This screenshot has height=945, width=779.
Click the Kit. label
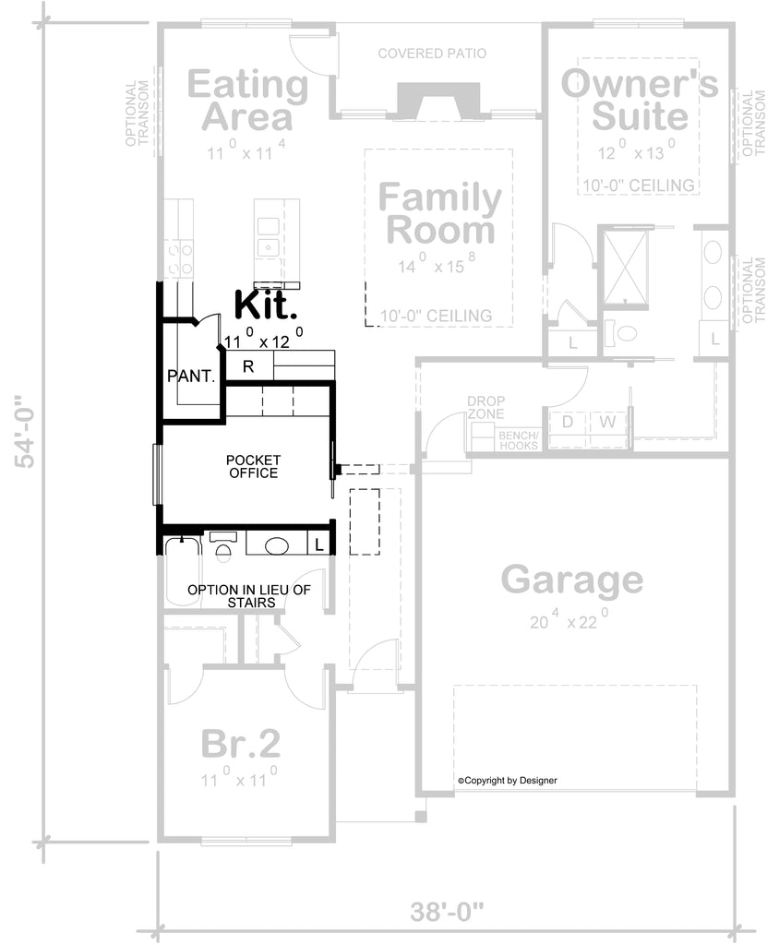click(266, 305)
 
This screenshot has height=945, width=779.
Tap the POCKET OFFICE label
click(253, 466)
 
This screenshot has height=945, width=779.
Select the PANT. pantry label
click(191, 377)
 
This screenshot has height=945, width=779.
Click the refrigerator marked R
click(248, 365)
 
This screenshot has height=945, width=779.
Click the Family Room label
click(440, 213)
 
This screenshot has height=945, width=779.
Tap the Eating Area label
click(247, 100)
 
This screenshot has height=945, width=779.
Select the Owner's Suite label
click(640, 100)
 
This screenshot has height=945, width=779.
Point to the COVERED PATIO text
click(432, 54)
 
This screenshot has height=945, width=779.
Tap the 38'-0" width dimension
click(448, 912)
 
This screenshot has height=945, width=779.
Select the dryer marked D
click(568, 421)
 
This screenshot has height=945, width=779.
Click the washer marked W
click(607, 421)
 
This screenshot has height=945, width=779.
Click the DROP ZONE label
click(486, 407)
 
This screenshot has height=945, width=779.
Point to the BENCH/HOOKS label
click(519, 440)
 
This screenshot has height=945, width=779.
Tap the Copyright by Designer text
click(507, 781)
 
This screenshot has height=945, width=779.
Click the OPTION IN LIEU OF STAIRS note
click(249, 596)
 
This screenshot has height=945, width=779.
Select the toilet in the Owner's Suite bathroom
click(621, 332)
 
